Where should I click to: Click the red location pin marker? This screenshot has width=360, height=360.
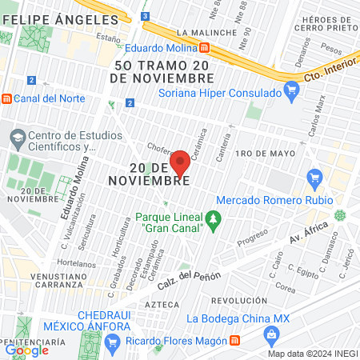pyautogui.click(x=181, y=162)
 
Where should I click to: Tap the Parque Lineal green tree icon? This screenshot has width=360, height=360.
pyautogui.click(x=214, y=218)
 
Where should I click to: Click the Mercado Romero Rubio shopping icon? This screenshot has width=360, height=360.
pyautogui.click(x=314, y=177)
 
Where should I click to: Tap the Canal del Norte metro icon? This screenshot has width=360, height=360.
pyautogui.click(x=7, y=98)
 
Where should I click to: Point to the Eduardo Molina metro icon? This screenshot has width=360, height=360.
pyautogui.click(x=207, y=47)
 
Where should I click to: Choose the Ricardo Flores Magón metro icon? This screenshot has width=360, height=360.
pyautogui.click(x=234, y=339)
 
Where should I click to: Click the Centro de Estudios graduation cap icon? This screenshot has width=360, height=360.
pyautogui.click(x=17, y=138)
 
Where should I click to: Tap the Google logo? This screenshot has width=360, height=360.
pyautogui.click(x=27, y=350)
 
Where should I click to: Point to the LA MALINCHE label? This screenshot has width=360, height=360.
pyautogui.click(x=207, y=33)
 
